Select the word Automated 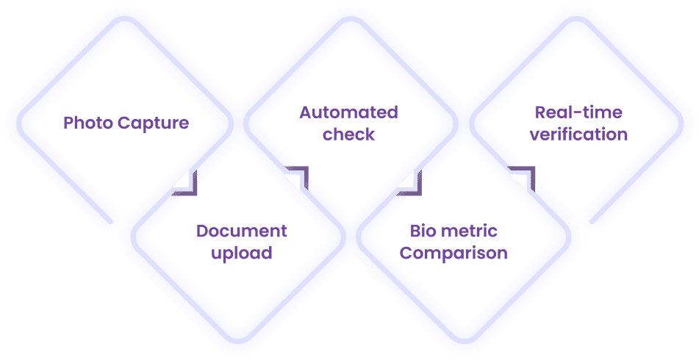[349, 113]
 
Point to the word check [349, 135]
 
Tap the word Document [241, 232]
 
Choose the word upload [241, 254]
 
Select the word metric [473, 232]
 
